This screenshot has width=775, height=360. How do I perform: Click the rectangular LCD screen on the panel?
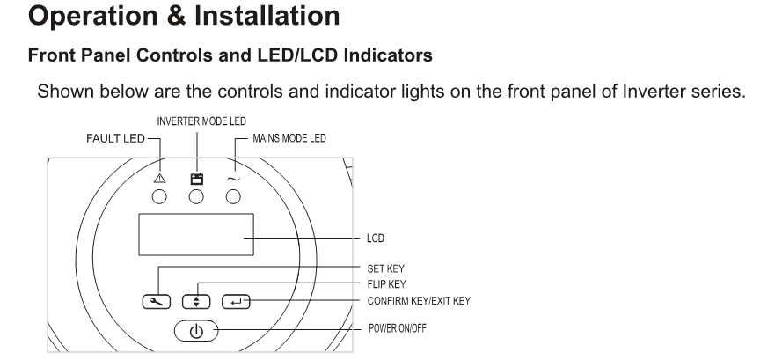pyautogui.click(x=195, y=238)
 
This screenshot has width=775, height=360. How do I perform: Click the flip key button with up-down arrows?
pyautogui.click(x=197, y=301)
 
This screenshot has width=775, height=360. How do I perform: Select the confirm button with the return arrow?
pyautogui.click(x=237, y=301)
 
